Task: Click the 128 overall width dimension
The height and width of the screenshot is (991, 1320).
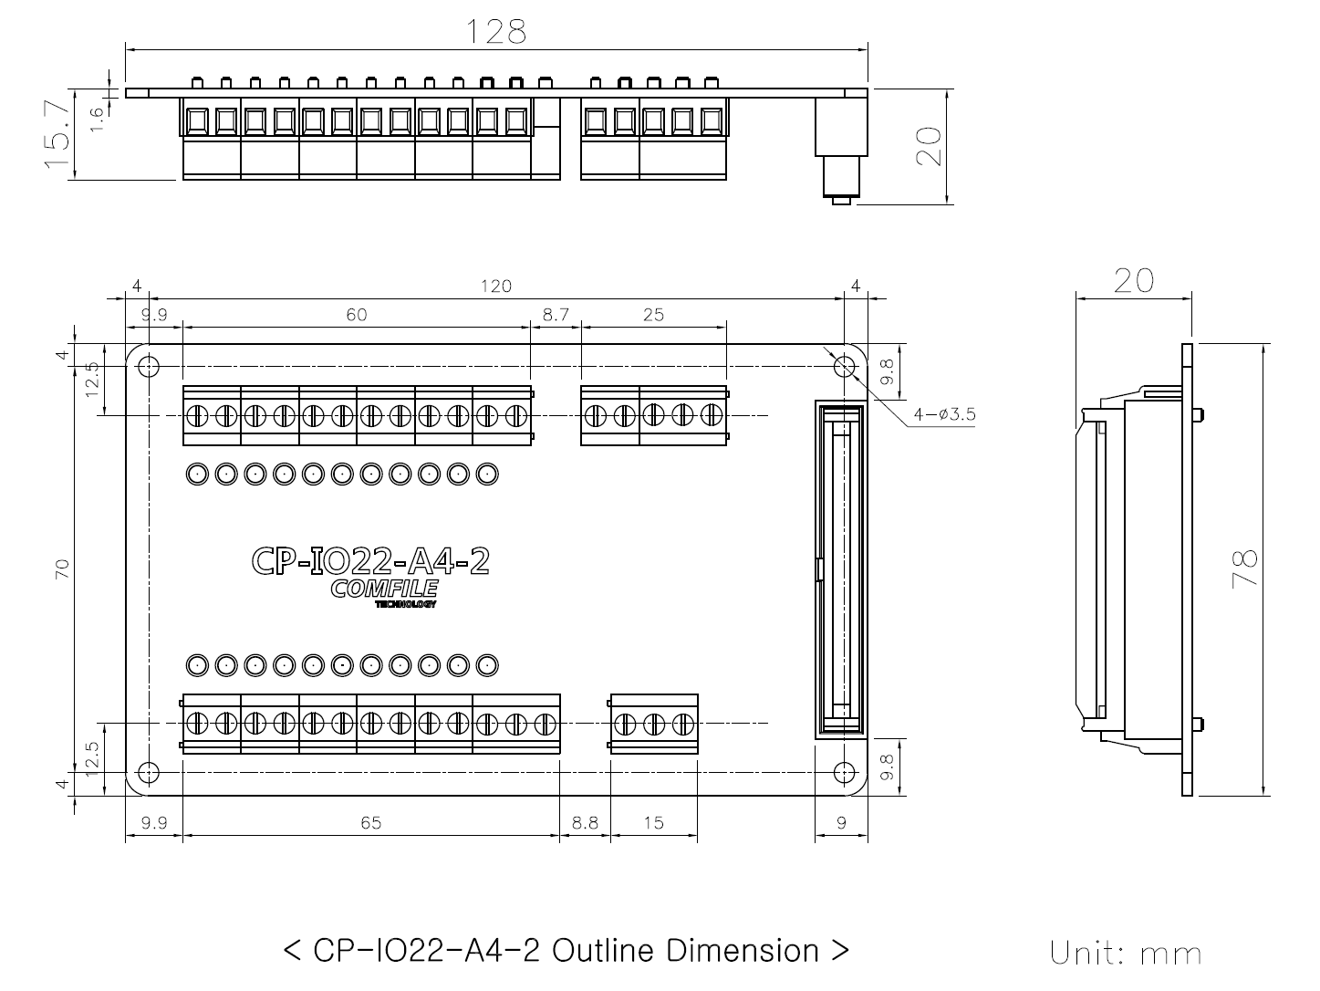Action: (496, 32)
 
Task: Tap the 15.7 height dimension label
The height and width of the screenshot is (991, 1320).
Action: (57, 134)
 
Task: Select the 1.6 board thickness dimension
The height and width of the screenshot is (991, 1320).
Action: (97, 120)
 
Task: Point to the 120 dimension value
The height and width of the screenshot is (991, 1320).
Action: (495, 287)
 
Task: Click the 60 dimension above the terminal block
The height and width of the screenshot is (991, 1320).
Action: (357, 315)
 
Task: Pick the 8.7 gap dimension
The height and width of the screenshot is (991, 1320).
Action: (556, 315)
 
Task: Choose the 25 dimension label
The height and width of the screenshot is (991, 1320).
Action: (654, 315)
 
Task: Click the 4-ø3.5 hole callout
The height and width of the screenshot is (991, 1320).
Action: (944, 414)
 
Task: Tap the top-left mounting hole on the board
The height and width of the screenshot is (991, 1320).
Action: (149, 366)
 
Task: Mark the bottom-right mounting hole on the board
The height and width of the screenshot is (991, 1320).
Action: (845, 773)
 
